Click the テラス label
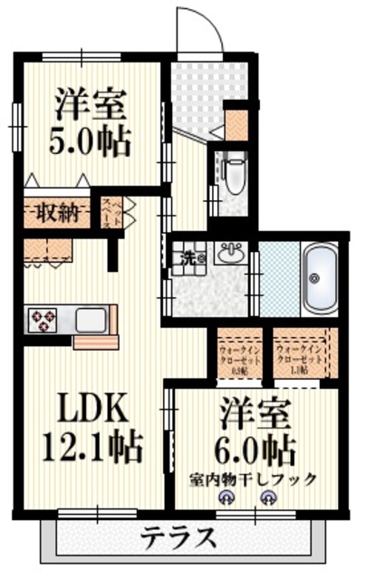178,539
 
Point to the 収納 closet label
56,213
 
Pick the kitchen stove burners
43,319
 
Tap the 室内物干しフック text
254,478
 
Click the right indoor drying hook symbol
268,497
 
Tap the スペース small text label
107,215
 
